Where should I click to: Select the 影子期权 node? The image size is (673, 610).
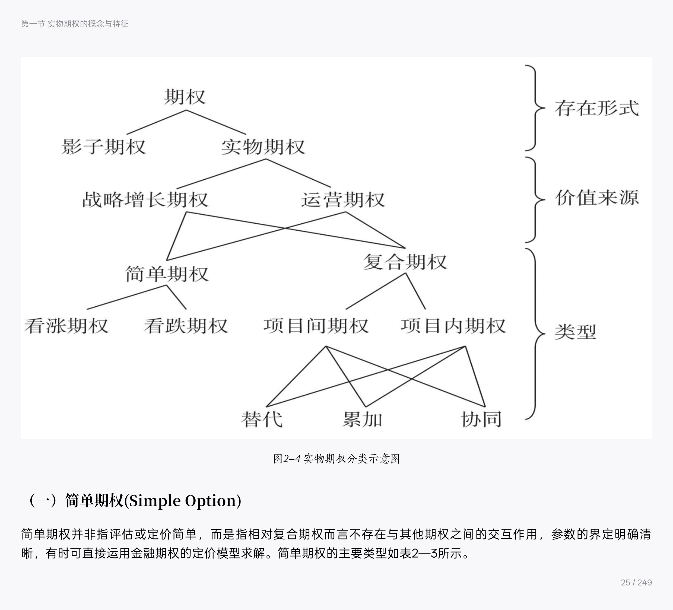coord(104,147)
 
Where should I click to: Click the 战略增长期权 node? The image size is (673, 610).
coord(145,199)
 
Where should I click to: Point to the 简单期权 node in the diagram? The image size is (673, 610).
coord(167,274)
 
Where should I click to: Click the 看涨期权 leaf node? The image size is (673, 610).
coord(66,326)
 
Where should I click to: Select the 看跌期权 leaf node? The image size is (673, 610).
coord(186,326)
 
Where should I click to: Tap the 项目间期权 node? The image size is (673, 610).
coord(316,326)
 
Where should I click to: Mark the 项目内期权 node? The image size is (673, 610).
coord(453,326)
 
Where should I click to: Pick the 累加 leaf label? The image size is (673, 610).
coord(362,419)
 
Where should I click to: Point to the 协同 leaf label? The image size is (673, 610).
coord(481,419)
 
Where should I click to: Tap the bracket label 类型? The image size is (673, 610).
coord(575,332)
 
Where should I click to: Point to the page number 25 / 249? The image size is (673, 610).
coord(636,583)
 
